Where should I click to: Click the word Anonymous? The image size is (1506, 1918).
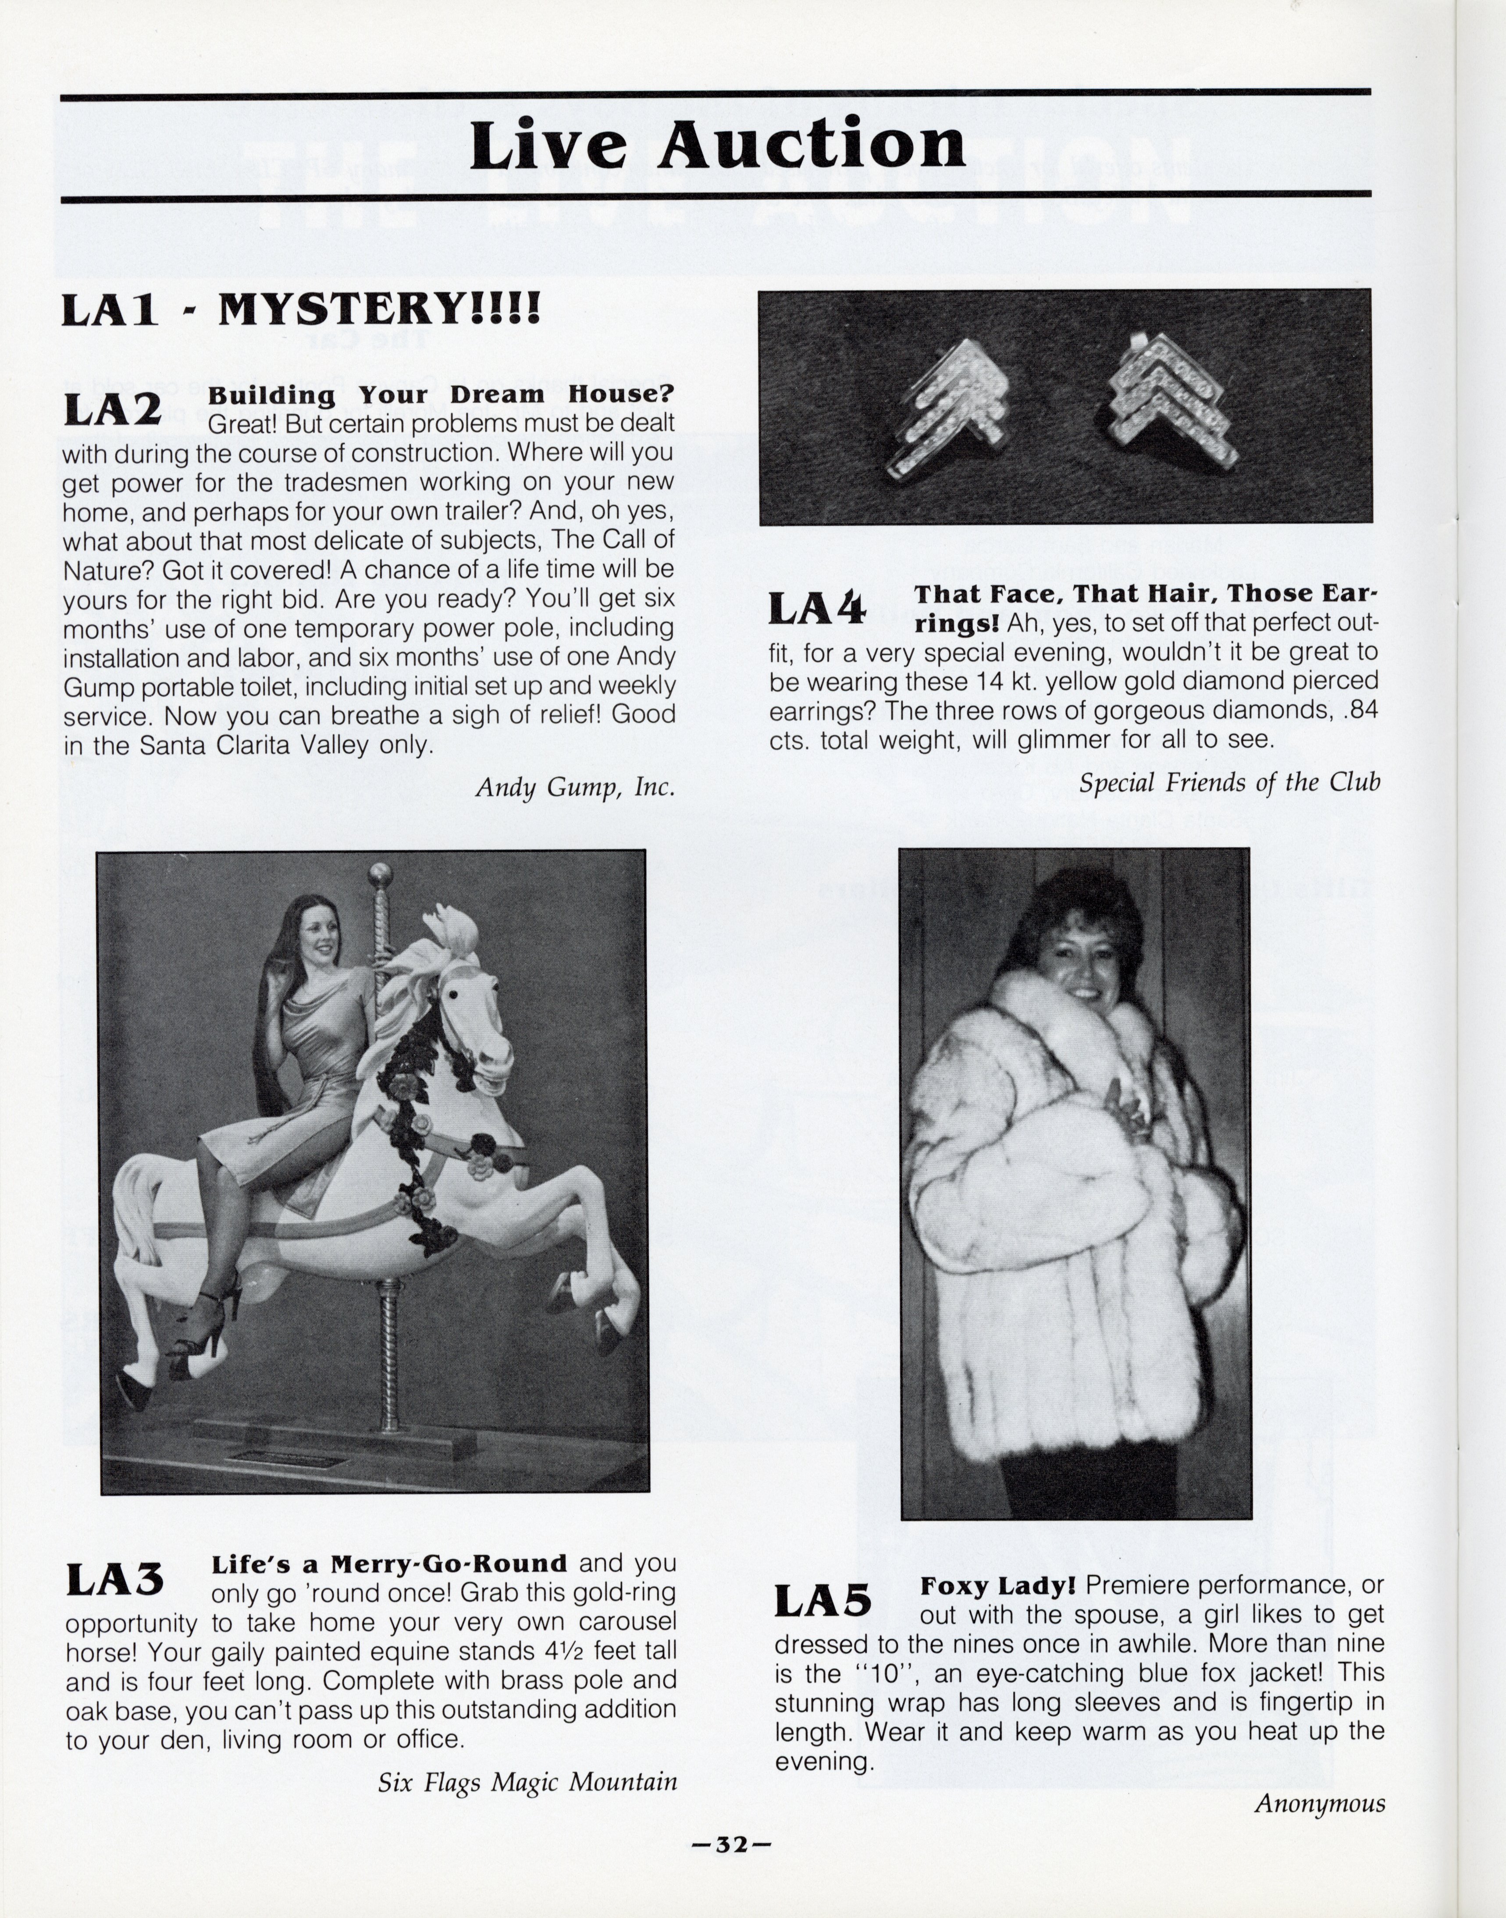point(1320,1804)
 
